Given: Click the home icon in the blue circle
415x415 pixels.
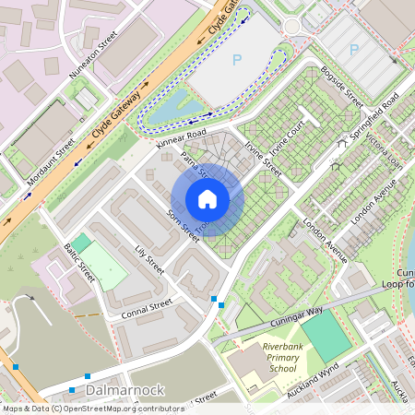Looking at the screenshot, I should pyautogui.click(x=207, y=199).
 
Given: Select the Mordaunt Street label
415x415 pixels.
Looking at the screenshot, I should pyautogui.click(x=51, y=162).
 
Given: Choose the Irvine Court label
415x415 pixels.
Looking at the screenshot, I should pyautogui.click(x=288, y=135).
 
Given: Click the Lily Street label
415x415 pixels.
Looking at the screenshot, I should pyautogui.click(x=148, y=259).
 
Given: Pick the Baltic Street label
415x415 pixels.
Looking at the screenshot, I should pyautogui.click(x=80, y=262).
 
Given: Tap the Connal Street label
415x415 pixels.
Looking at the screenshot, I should pyautogui.click(x=147, y=309).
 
